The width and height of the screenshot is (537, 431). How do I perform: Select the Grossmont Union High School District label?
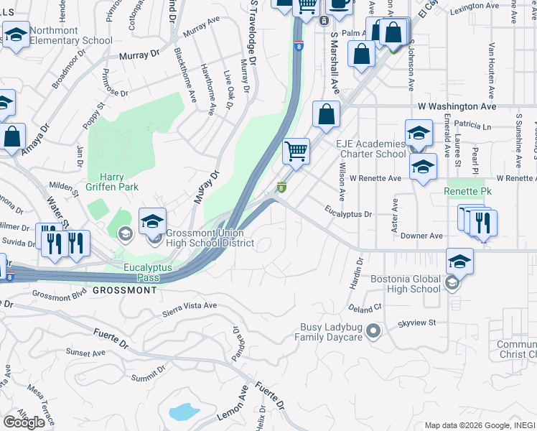click(x=210, y=238)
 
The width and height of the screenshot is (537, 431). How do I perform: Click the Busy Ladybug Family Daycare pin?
click(x=373, y=331)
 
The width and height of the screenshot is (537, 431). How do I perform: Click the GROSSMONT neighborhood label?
click(x=124, y=290)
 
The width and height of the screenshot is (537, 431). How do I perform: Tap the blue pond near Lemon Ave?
click(x=184, y=412)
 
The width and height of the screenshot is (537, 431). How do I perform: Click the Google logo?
click(x=24, y=422)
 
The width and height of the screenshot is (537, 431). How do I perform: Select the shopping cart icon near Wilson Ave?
click(x=296, y=152)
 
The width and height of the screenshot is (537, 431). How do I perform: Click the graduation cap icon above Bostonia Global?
click(x=459, y=261)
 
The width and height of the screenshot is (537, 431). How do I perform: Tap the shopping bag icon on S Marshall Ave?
click(x=327, y=115)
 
